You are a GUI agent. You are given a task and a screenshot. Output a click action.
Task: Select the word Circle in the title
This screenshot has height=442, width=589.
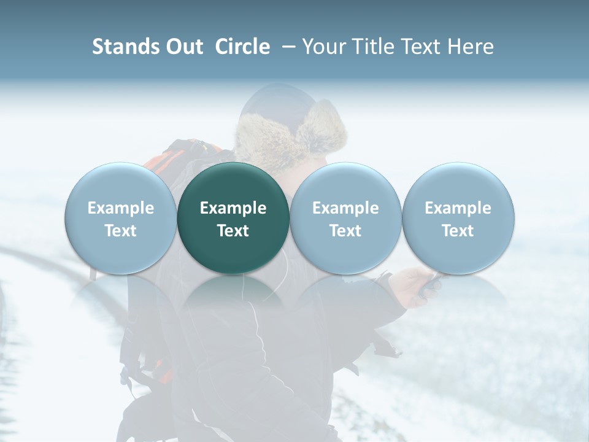click(242, 47)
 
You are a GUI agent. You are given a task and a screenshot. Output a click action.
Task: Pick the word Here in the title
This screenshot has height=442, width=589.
click(471, 47)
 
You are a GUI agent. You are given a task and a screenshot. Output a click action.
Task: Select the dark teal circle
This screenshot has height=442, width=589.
click(233, 218)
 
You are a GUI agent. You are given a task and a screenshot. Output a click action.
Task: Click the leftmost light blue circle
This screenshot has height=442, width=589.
click(121, 218)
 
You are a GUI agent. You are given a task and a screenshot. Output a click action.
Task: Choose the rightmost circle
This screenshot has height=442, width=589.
click(458, 218)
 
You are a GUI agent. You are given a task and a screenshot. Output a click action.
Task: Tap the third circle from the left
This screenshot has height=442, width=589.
click(345, 218)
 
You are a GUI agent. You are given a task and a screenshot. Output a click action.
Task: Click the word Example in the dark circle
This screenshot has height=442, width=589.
click(233, 208)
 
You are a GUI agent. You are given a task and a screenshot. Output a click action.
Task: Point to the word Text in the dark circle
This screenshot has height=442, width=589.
click(233, 231)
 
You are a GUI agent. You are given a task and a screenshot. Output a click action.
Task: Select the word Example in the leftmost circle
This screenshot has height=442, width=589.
click(121, 208)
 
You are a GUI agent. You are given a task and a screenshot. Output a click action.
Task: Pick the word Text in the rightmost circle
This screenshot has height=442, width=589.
click(458, 231)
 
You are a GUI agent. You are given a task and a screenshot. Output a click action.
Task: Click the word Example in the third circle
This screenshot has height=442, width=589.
click(345, 208)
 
